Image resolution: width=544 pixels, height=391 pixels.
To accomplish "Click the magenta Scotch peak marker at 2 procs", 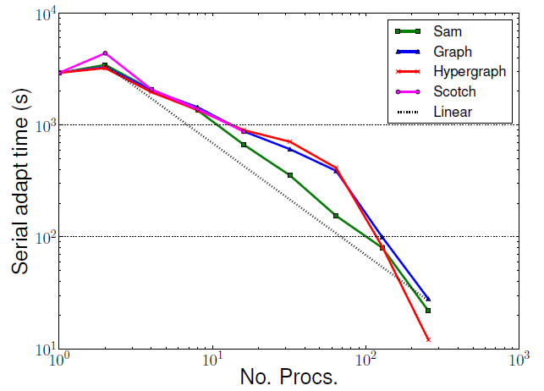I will tap(105, 53).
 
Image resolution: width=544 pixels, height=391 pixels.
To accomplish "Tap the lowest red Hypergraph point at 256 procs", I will tap(428, 339).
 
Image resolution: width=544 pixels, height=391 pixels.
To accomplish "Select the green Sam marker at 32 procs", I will tap(289, 175).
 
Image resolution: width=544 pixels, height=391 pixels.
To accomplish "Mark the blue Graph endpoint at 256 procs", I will tap(428, 299).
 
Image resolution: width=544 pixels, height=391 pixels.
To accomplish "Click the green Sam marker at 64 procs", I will tap(336, 216).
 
